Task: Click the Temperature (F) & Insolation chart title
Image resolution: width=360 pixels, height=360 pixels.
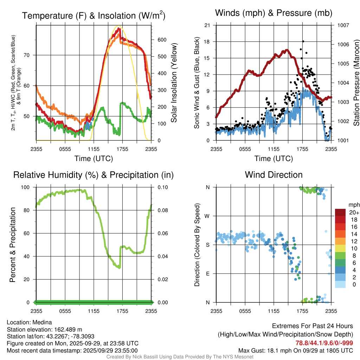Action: (x=94, y=16)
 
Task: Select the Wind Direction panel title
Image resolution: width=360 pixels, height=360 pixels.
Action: (x=274, y=175)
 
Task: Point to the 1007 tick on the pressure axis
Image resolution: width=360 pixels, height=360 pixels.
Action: (x=342, y=25)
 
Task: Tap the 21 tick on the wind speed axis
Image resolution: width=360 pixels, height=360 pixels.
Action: (x=207, y=25)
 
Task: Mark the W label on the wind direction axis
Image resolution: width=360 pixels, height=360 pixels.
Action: (x=208, y=216)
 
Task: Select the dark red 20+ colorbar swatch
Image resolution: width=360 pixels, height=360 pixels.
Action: (x=340, y=212)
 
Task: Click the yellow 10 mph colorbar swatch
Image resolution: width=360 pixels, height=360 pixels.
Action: (x=340, y=249)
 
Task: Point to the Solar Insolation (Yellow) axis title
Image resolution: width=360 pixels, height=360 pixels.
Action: (x=174, y=83)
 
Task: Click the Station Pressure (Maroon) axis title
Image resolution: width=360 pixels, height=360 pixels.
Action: (x=356, y=83)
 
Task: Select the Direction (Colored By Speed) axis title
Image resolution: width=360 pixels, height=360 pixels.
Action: (x=197, y=245)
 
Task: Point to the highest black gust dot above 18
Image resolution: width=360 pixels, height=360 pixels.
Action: (x=303, y=41)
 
